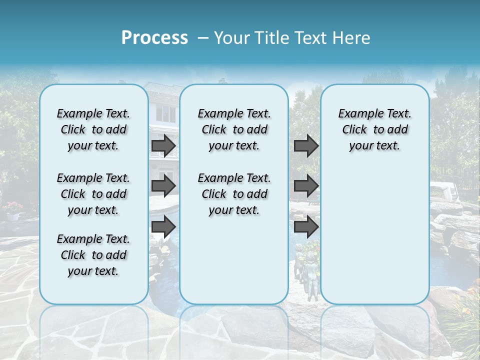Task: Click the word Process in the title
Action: coord(154,38)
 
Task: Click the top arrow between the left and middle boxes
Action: coord(163,145)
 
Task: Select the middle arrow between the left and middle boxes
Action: coord(163,186)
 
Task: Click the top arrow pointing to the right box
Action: coord(305,145)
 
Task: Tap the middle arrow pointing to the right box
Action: coord(305,186)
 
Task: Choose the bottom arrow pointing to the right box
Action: coord(305,227)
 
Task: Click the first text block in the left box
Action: coord(93,129)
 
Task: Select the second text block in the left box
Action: coord(93,194)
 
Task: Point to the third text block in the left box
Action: coord(93,255)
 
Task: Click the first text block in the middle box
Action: coord(234,129)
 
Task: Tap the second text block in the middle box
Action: coord(234,194)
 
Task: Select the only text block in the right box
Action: coord(375,129)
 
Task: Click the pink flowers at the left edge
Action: coord(13,207)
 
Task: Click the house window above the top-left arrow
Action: coord(165,114)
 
